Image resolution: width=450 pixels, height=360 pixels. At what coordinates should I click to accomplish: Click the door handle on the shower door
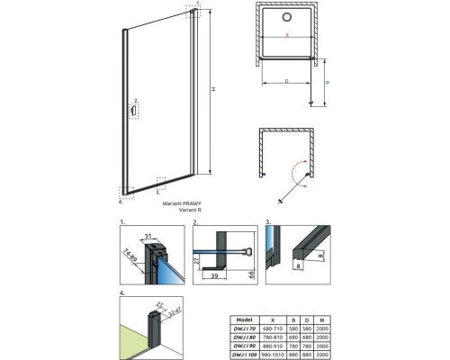point(134,111)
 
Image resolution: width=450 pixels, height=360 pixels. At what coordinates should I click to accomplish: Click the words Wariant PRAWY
point(183,204)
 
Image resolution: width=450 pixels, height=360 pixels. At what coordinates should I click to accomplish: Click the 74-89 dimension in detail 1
point(130,256)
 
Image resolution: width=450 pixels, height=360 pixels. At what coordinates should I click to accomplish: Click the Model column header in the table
point(242,319)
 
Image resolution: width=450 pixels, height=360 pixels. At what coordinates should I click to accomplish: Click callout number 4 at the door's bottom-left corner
point(120,191)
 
